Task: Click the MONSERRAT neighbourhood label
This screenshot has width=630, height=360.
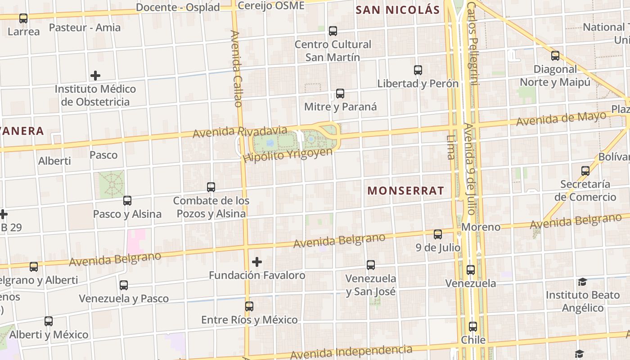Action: [405, 190]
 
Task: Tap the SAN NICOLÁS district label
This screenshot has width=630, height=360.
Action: [397, 9]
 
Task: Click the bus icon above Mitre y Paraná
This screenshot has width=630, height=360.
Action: [340, 94]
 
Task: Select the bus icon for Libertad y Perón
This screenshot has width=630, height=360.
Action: [418, 70]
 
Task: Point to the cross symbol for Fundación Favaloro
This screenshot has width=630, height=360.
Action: [257, 261]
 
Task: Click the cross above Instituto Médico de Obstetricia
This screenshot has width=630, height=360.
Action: [95, 75]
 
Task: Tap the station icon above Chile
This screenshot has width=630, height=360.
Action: [472, 327]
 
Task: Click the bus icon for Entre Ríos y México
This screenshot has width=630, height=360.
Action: [249, 306]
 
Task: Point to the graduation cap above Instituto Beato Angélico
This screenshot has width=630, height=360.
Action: [582, 282]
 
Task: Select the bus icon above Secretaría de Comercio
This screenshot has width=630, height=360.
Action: [585, 171]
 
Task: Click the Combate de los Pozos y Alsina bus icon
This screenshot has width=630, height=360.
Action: [211, 187]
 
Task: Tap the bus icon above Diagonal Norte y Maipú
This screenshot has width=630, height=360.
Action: [555, 56]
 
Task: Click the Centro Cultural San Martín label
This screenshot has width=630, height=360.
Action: [333, 50]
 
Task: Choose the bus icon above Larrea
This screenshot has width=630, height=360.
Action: [23, 18]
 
